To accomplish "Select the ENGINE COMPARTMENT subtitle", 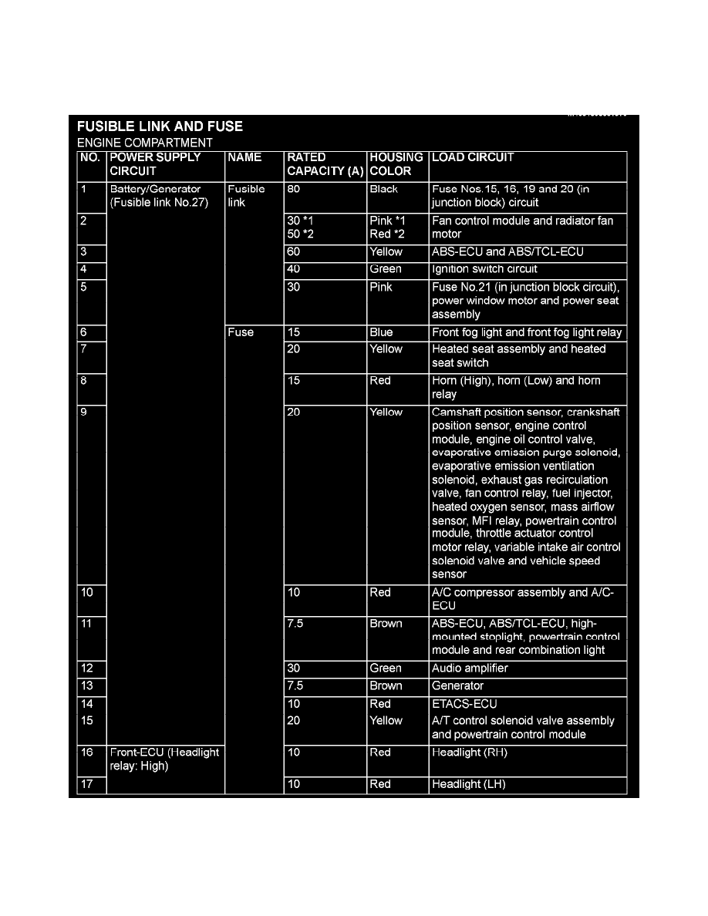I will pyautogui.click(x=145, y=143).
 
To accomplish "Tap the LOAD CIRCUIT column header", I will pyautogui.click(x=473, y=157).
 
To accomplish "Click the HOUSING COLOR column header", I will pyautogui.click(x=396, y=164).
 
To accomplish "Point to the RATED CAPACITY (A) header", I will pyautogui.click(x=325, y=164).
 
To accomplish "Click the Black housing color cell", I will pyautogui.click(x=384, y=189).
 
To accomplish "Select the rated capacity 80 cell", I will pyautogui.click(x=294, y=189).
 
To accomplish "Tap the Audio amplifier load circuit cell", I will pyautogui.click(x=470, y=668).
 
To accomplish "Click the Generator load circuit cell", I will pyautogui.click(x=457, y=685).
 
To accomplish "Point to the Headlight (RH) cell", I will pyautogui.click(x=470, y=753).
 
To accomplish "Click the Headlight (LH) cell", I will pyautogui.click(x=469, y=784).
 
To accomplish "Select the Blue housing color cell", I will pyautogui.click(x=381, y=332).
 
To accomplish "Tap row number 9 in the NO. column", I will pyautogui.click(x=83, y=413).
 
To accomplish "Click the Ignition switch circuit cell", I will pyautogui.click(x=484, y=269).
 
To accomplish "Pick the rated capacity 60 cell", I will pyautogui.click(x=294, y=251).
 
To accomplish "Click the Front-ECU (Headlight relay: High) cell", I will pyautogui.click(x=164, y=759).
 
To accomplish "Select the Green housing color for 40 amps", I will pyautogui.click(x=386, y=269).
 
